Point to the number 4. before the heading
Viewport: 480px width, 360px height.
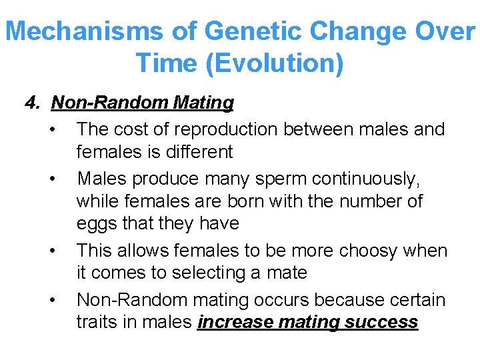33,103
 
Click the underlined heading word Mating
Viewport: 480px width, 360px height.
203,103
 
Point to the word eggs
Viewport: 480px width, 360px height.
97,223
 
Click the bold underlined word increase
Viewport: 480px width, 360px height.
235,322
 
